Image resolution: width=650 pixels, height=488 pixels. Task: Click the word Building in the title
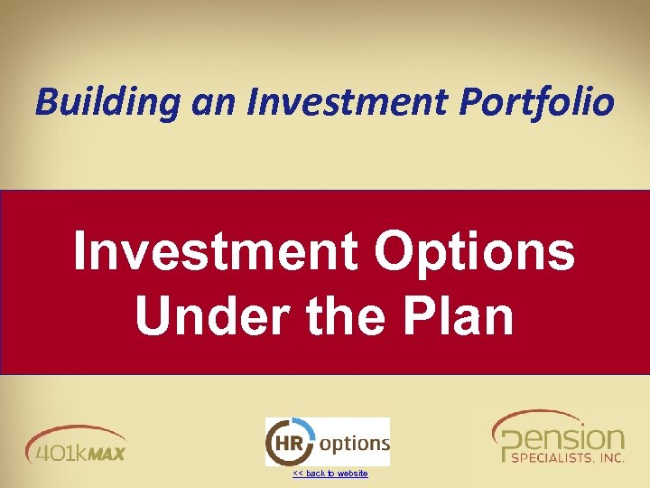[108, 102]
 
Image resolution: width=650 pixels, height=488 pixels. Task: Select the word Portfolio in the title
[536, 102]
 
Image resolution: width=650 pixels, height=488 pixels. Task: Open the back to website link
[330, 474]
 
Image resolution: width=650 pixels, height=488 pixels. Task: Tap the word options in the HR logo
[355, 444]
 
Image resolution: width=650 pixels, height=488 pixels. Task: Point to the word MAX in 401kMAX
[106, 451]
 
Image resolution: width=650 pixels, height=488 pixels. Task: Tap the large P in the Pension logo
[509, 445]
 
